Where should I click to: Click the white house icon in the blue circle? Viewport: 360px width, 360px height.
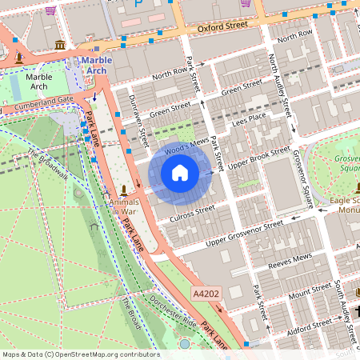180,173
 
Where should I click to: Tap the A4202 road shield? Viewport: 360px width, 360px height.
207,295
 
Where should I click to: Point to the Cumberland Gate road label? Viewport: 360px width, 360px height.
49,102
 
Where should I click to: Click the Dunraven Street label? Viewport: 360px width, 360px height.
138,121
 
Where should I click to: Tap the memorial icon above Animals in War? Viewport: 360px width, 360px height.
124,190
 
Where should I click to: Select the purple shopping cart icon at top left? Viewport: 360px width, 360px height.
51,10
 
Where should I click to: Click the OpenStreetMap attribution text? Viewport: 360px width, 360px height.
80,354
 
